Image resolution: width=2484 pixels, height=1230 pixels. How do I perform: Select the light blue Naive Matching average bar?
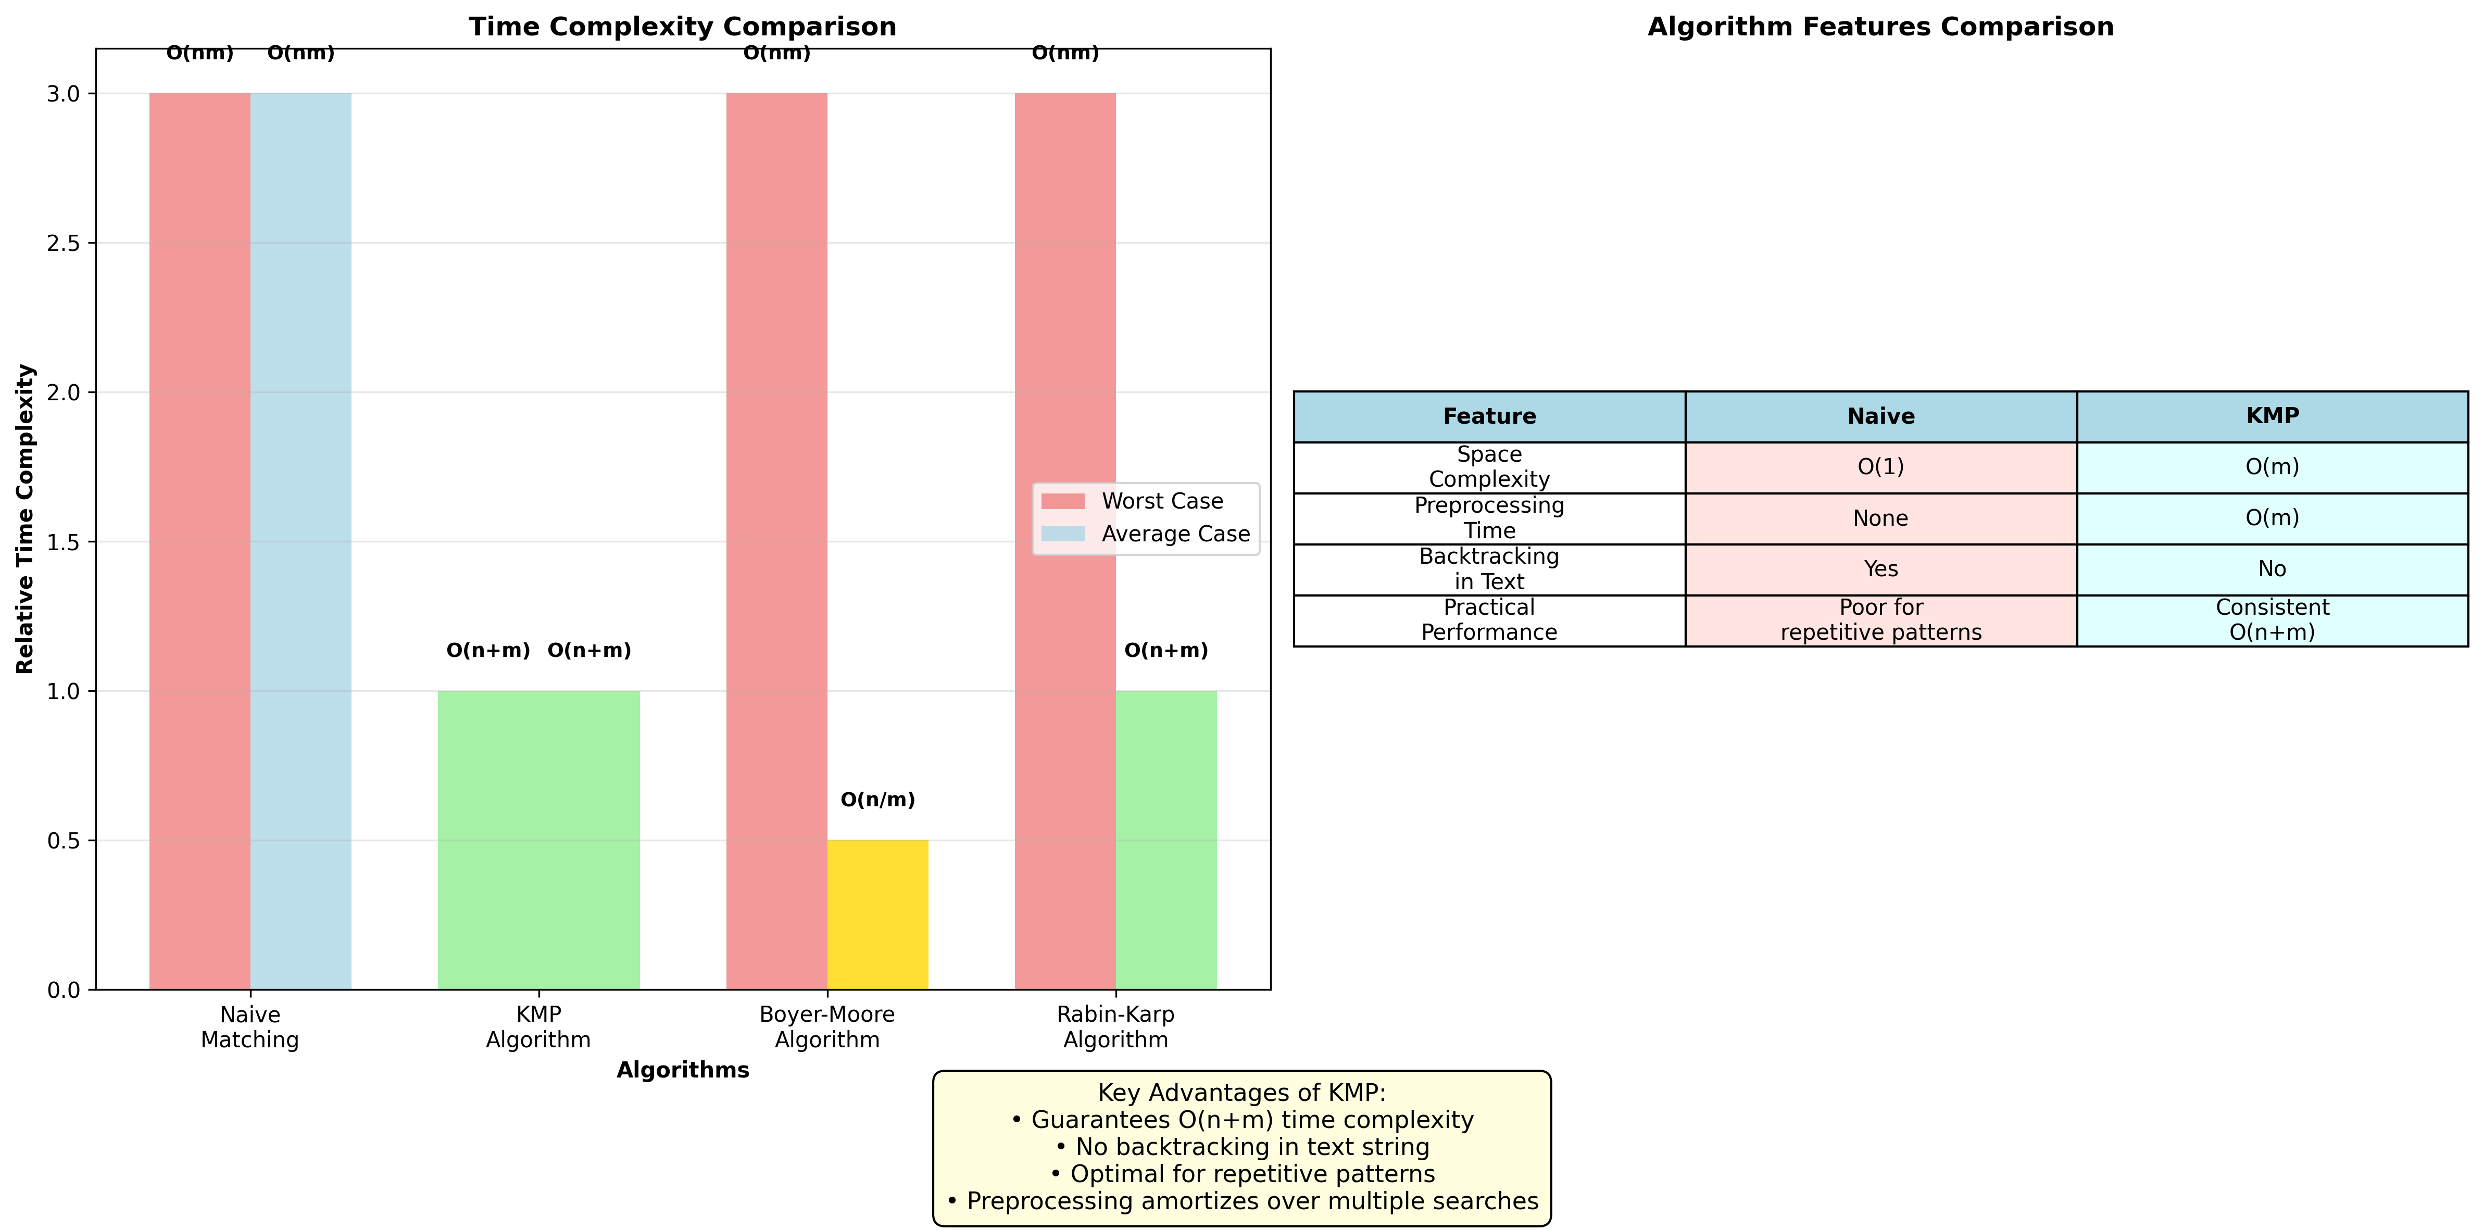click(x=301, y=540)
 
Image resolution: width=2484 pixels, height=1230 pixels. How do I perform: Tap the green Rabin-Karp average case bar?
click(x=1166, y=839)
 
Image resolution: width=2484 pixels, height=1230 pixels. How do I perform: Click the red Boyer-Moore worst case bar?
click(x=776, y=540)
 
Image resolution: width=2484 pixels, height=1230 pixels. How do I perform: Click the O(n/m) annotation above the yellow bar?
click(x=877, y=800)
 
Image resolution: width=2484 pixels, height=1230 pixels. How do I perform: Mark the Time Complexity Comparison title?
click(x=683, y=27)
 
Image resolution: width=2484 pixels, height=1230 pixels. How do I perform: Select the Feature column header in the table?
click(x=1489, y=416)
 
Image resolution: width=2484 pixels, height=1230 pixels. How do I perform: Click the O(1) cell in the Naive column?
click(x=1880, y=467)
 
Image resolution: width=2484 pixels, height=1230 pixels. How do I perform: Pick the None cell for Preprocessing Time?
click(x=1880, y=518)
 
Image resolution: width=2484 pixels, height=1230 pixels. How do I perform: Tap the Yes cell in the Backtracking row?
click(x=1880, y=569)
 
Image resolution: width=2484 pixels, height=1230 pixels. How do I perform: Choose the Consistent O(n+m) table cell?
click(x=2272, y=620)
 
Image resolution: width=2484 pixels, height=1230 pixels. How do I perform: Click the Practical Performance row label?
click(x=1489, y=620)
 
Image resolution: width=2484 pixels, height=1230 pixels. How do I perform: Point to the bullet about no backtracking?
click(x=1242, y=1147)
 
